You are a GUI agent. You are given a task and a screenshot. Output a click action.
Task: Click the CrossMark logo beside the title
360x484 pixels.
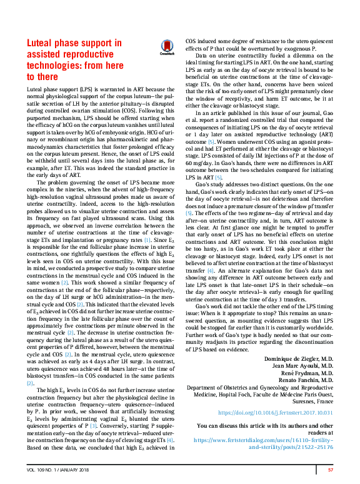167,48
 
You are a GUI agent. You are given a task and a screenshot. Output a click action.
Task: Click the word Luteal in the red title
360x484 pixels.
42,43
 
